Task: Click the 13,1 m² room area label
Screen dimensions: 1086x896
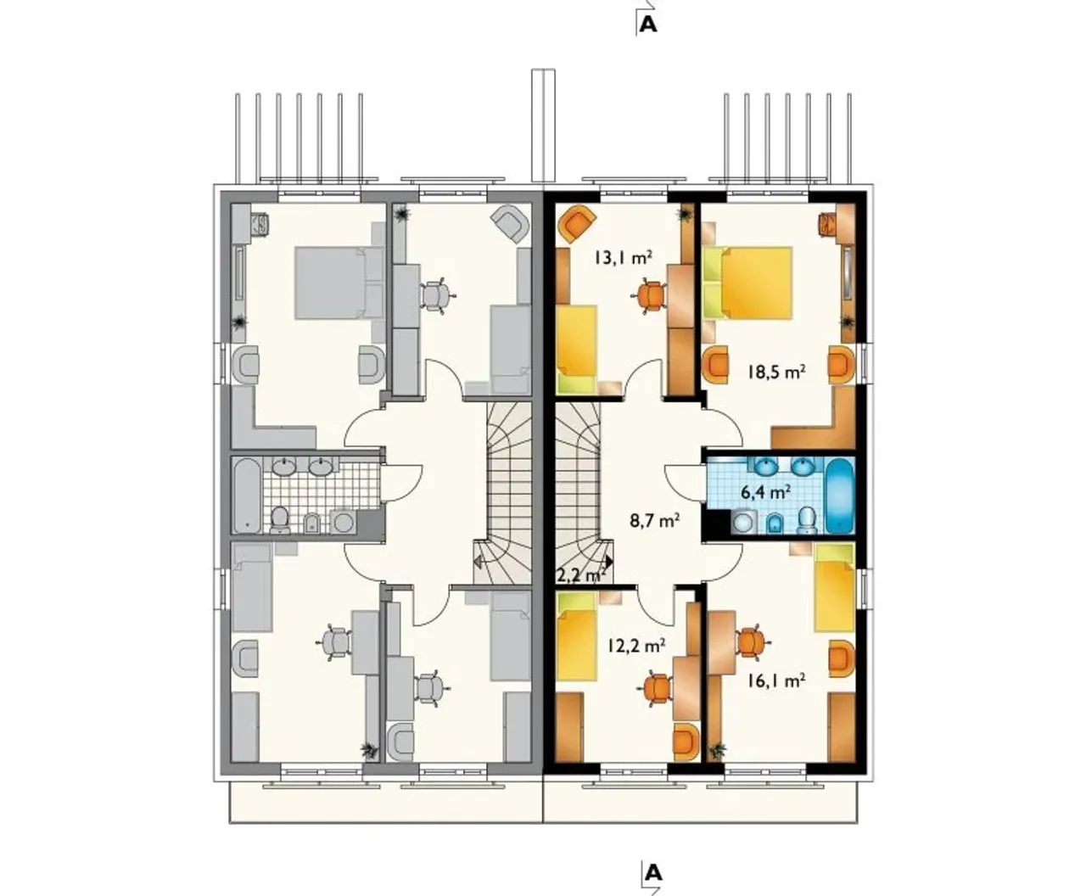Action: tap(623, 257)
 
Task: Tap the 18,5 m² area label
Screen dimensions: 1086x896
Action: tap(777, 372)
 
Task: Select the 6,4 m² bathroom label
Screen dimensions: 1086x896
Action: tap(766, 492)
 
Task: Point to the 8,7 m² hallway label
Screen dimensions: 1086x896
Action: tap(655, 520)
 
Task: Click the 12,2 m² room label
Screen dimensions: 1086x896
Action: tap(636, 646)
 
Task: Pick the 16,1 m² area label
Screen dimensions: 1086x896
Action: tap(776, 680)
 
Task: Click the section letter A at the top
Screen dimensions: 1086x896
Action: tap(648, 24)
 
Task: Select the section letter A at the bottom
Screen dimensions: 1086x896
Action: tap(654, 872)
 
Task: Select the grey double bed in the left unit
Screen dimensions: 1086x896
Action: tap(339, 283)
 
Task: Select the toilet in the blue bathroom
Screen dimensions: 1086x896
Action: tap(807, 519)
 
